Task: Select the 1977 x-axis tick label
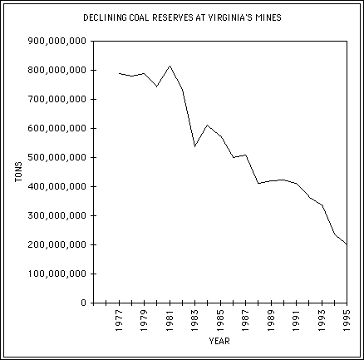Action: tap(120, 318)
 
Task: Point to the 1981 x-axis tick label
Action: tap(170, 318)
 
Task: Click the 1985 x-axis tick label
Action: tap(220, 318)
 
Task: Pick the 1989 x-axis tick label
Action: tap(271, 318)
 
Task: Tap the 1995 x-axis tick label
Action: tap(347, 318)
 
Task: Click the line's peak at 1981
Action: tap(170, 66)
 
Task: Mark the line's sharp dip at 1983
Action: tap(195, 146)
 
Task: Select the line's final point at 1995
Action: tap(347, 244)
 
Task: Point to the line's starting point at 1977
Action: tap(120, 73)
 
